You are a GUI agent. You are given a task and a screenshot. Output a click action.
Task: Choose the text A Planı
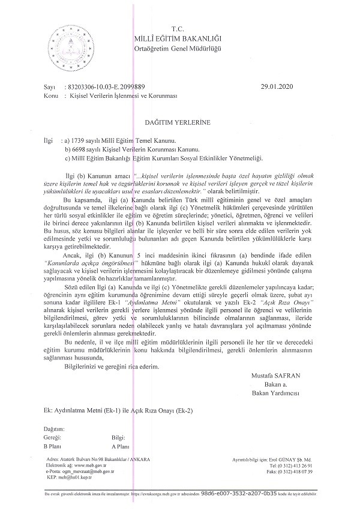pyautogui.click(x=121, y=447)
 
